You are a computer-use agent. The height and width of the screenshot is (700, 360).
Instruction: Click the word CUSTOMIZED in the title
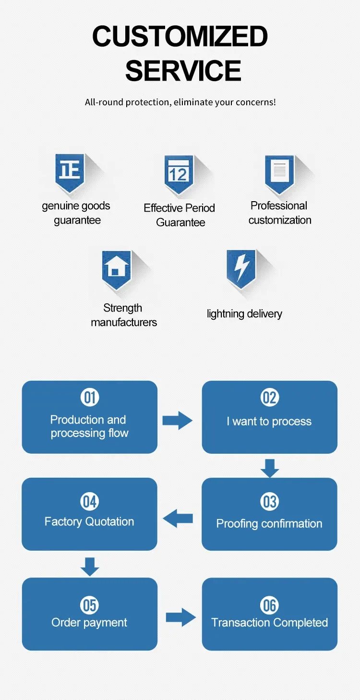click(180, 37)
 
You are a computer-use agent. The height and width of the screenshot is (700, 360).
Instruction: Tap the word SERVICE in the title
click(183, 70)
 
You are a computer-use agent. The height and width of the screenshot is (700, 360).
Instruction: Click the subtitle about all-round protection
click(180, 102)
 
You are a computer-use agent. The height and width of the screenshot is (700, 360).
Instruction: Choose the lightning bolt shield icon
click(241, 268)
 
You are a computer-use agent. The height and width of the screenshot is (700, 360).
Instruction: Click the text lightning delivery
click(244, 314)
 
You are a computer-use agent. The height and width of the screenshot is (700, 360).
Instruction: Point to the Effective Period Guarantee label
click(180, 215)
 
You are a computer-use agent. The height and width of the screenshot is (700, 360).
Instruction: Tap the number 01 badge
click(90, 398)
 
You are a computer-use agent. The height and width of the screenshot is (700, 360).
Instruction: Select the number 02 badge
click(269, 398)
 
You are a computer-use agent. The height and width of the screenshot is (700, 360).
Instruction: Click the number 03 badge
click(269, 502)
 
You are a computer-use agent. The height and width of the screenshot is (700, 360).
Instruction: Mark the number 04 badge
click(90, 502)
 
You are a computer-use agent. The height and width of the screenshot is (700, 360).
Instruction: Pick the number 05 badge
click(90, 605)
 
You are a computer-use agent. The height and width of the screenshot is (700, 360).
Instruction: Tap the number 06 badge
click(269, 605)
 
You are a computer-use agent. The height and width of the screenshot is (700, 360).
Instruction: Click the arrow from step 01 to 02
click(177, 421)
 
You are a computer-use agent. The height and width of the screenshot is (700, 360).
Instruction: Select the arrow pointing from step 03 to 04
click(178, 519)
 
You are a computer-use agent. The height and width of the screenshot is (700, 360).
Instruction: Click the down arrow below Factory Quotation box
click(90, 567)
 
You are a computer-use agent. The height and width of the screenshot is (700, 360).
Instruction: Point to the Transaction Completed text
click(269, 623)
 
